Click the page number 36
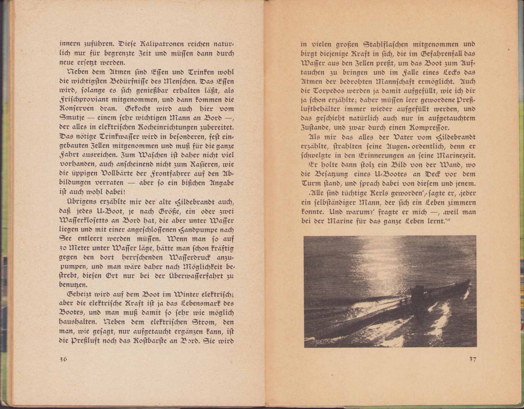click(63, 359)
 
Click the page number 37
click(473, 359)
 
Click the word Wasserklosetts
click(83, 220)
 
